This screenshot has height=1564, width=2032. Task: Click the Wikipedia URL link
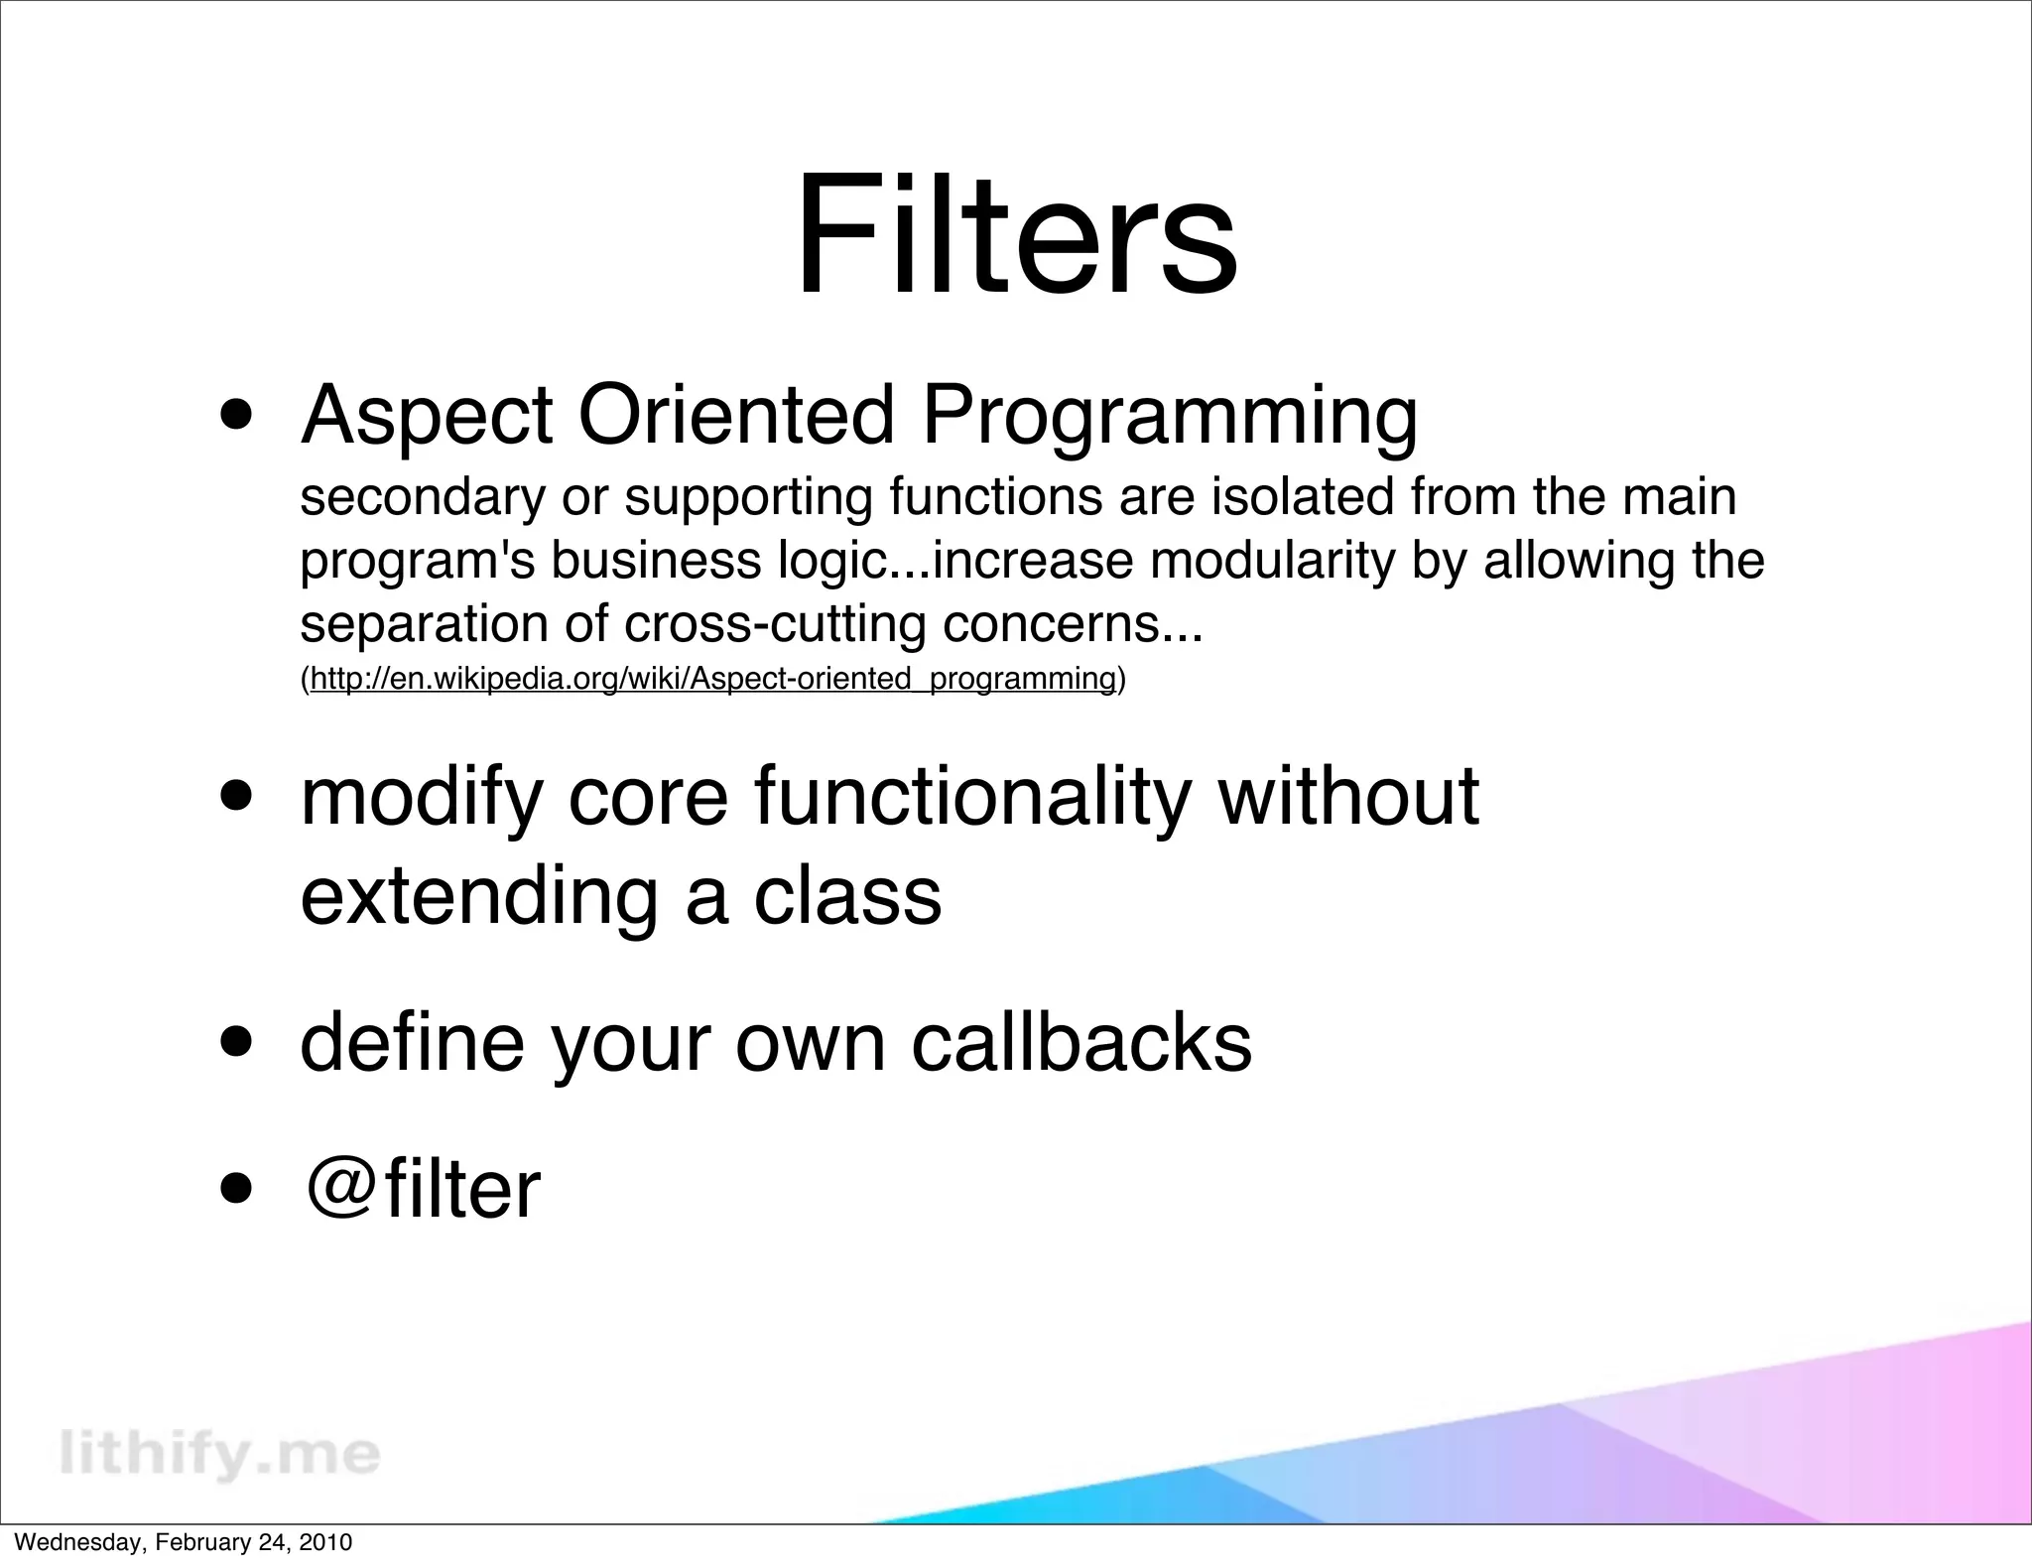click(712, 679)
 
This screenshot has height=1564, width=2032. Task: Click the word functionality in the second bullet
click(970, 798)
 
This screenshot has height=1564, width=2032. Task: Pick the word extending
click(478, 897)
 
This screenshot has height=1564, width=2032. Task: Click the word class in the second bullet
click(847, 895)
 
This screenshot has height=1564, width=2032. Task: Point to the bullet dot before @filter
click(236, 1188)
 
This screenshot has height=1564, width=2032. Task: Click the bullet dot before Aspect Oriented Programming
click(236, 414)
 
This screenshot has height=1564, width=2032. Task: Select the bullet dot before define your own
click(236, 1043)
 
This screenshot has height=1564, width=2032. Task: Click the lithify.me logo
click(220, 1455)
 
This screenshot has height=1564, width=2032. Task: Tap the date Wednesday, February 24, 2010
click(183, 1543)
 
